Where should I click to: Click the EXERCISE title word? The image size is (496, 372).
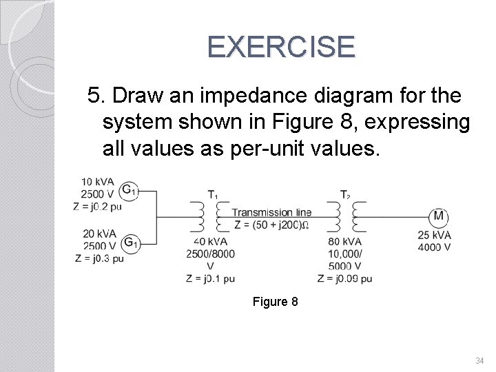click(281, 47)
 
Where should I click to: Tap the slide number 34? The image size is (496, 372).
click(479, 360)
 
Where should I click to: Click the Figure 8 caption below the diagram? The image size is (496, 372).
click(275, 302)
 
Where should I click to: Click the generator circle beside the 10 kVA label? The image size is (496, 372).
click(129, 189)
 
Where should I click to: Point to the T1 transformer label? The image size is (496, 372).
click(213, 194)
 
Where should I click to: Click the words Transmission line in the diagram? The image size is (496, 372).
click(271, 213)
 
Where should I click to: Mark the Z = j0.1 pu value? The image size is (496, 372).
click(211, 278)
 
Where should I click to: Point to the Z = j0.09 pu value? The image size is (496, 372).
click(344, 278)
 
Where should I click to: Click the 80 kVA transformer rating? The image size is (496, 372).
click(344, 242)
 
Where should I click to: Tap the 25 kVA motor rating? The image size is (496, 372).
click(434, 236)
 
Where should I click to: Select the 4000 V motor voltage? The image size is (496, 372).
click(434, 247)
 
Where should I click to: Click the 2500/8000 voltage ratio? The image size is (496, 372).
click(211, 254)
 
